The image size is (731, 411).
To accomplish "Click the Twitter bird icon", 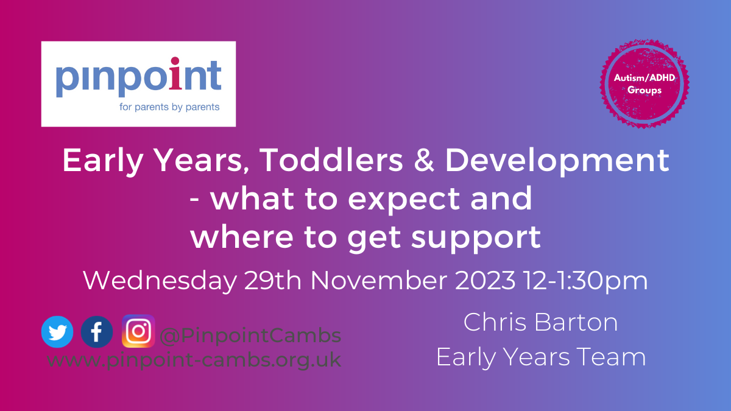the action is pyautogui.click(x=57, y=332).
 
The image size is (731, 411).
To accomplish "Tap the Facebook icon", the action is pyautogui.click(x=97, y=332).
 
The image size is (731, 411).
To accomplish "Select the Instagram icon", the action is pyautogui.click(x=138, y=331).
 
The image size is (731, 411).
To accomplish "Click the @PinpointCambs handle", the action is pyautogui.click(x=250, y=335).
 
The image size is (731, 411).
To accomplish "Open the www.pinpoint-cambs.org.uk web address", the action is pyautogui.click(x=194, y=360).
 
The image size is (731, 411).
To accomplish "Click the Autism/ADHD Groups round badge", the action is pyautogui.click(x=644, y=84).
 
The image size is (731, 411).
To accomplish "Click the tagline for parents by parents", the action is pyautogui.click(x=169, y=107).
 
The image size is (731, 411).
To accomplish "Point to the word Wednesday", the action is pyautogui.click(x=160, y=281).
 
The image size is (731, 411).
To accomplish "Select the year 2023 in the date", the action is pyautogui.click(x=485, y=280).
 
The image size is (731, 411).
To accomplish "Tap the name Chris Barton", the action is pyautogui.click(x=540, y=322).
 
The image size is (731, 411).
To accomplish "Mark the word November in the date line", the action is pyautogui.click(x=379, y=280).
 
